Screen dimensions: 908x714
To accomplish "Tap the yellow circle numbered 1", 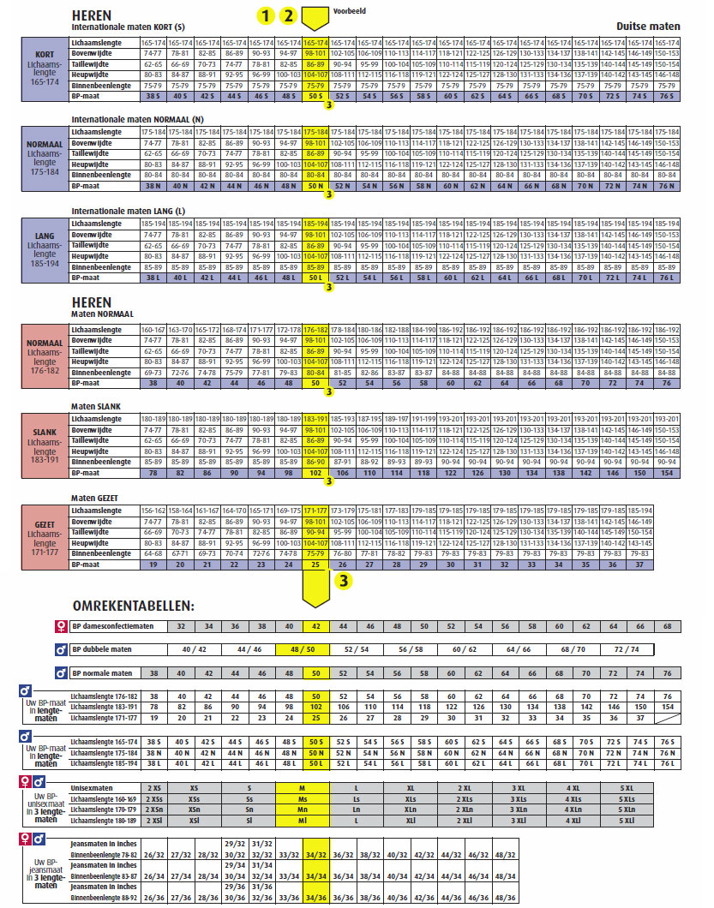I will (x=267, y=15).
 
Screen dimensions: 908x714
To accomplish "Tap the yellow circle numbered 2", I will (x=290, y=15).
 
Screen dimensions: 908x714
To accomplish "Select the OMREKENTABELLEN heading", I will (x=133, y=606).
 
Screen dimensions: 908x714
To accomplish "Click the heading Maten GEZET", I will (x=94, y=499).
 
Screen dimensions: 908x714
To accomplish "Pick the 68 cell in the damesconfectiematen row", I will (x=666, y=626).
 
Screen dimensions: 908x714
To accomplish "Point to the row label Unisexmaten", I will (x=94, y=786).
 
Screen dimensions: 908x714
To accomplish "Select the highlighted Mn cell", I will (x=302, y=809).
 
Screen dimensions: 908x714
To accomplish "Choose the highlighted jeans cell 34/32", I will (x=316, y=854).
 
